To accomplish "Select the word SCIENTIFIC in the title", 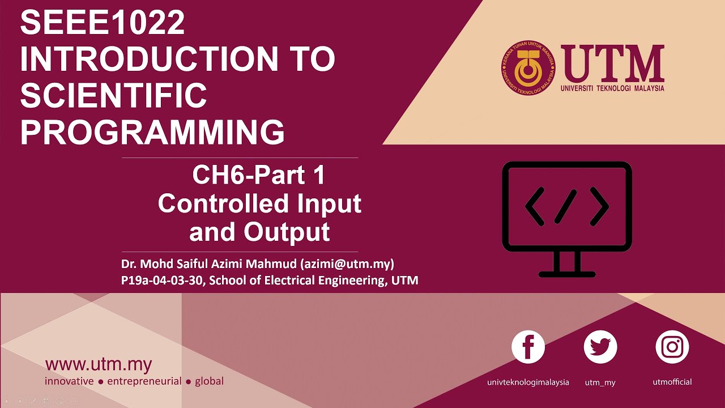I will pyautogui.click(x=113, y=95).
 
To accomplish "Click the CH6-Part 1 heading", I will pyautogui.click(x=259, y=175).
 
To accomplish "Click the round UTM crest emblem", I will pyautogui.click(x=528, y=69).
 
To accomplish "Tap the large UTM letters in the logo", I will pyautogui.click(x=612, y=63).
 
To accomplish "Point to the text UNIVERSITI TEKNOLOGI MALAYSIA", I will pyautogui.click(x=612, y=88).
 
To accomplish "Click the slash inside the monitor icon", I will pyautogui.click(x=566, y=206).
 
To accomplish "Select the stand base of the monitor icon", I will pyautogui.click(x=567, y=274).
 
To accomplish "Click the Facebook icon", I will pyautogui.click(x=528, y=347).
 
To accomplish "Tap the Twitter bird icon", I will pyautogui.click(x=600, y=347).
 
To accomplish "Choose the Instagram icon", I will pyautogui.click(x=672, y=347).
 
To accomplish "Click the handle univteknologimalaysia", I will pyautogui.click(x=528, y=382).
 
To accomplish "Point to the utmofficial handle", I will pyautogui.click(x=672, y=382).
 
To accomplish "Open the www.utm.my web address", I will pyautogui.click(x=99, y=364).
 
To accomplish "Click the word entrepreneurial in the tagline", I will pyautogui.click(x=144, y=381).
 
